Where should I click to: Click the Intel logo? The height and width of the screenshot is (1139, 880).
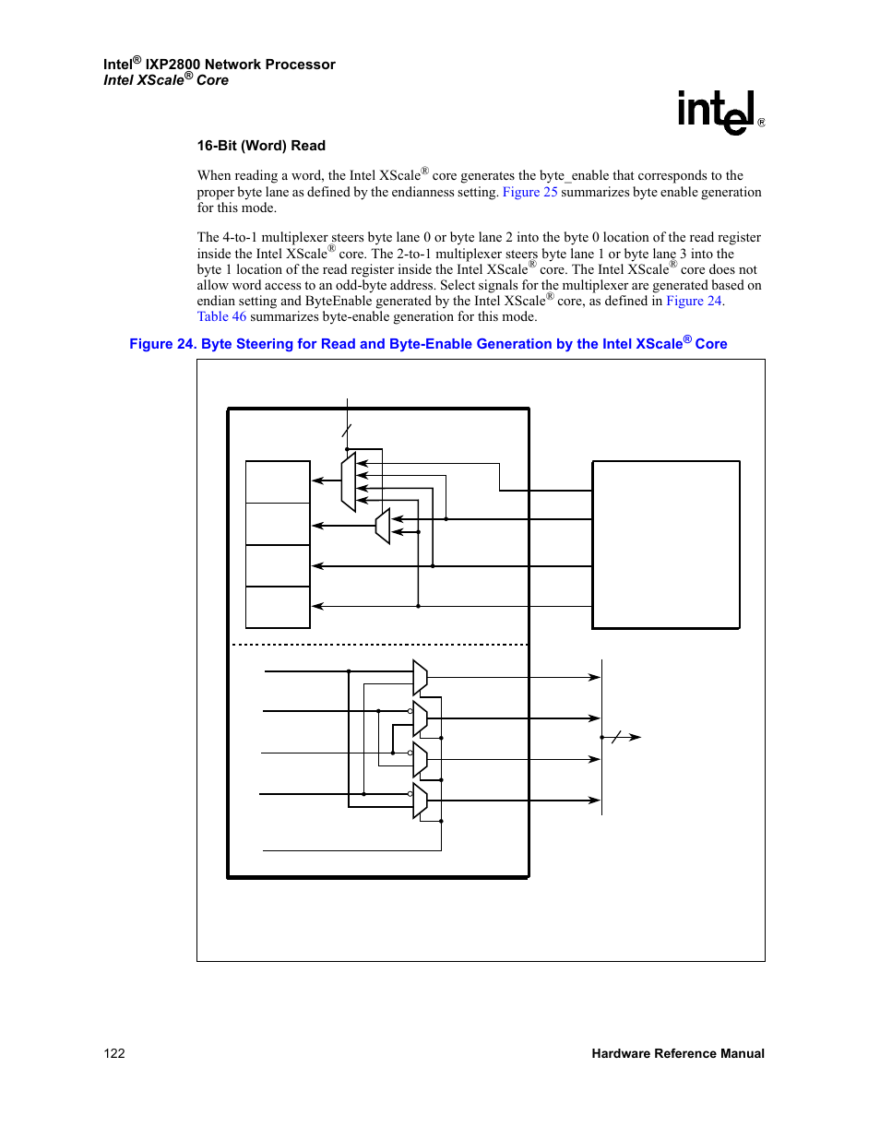point(720,113)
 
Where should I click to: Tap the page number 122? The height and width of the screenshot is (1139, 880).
point(114,1053)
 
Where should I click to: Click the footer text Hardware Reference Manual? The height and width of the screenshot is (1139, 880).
point(678,1053)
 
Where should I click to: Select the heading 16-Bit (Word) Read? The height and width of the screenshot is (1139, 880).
point(261,146)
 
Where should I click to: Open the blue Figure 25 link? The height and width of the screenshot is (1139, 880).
point(529,192)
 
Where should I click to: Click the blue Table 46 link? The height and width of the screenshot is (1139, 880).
point(221,316)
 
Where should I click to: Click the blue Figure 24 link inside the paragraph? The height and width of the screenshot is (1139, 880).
point(694,301)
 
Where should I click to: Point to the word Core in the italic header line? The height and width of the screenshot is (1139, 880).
point(212,80)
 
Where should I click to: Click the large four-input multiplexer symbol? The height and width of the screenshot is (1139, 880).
point(348,481)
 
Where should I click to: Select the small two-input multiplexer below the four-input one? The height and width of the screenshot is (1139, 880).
point(383,526)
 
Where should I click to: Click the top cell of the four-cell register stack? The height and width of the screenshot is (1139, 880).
point(278,481)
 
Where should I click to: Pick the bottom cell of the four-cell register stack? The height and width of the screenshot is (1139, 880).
point(278,607)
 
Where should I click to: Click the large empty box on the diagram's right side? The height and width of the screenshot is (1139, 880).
point(666,545)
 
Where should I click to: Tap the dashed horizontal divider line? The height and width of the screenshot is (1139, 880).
point(380,645)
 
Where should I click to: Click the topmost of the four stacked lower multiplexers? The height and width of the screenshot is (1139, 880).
point(420,678)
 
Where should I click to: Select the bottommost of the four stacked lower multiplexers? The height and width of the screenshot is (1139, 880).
point(420,801)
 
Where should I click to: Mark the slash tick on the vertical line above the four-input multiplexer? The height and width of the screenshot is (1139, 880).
point(347,431)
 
